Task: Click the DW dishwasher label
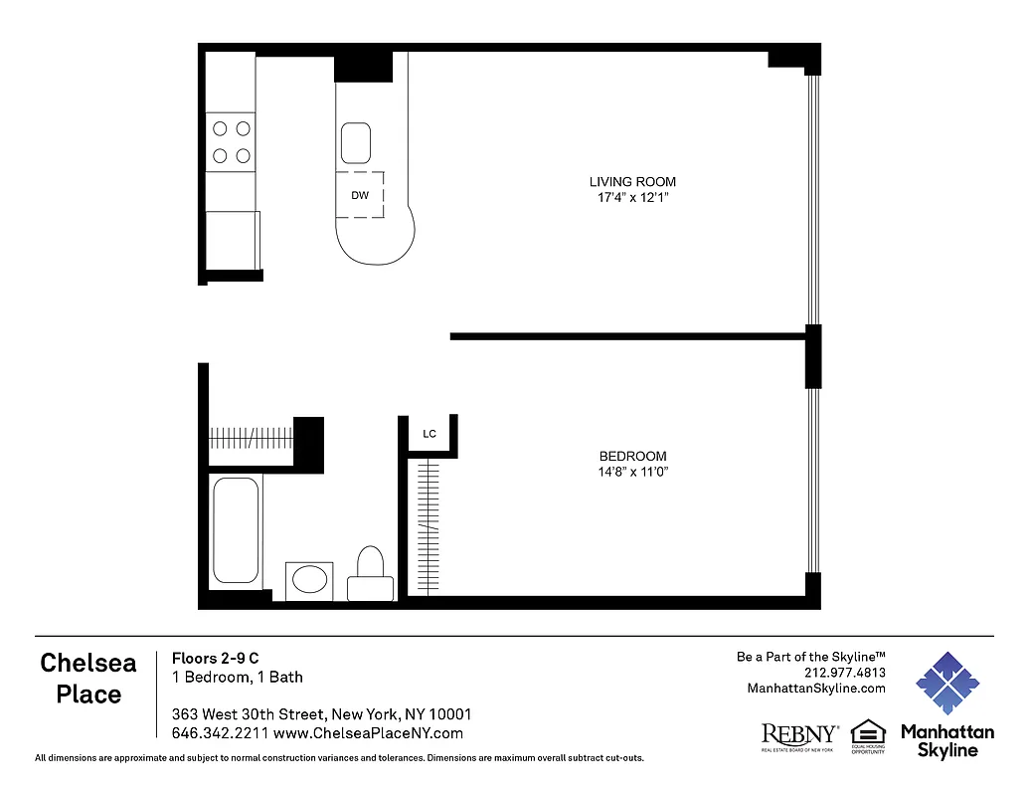(x=360, y=195)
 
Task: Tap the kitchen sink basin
(x=356, y=143)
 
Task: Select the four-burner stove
(x=231, y=141)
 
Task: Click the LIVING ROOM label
(x=632, y=182)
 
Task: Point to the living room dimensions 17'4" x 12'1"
(x=632, y=198)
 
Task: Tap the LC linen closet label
(x=429, y=434)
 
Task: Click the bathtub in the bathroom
(x=236, y=530)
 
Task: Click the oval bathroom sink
(x=309, y=580)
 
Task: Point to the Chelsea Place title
(x=88, y=679)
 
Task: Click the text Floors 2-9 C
(x=216, y=658)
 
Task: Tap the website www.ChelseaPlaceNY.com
(x=368, y=733)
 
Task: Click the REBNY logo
(x=799, y=735)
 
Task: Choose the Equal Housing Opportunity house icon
(x=867, y=732)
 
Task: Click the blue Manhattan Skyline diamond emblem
(x=946, y=684)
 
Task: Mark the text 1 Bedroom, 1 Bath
(x=238, y=678)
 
